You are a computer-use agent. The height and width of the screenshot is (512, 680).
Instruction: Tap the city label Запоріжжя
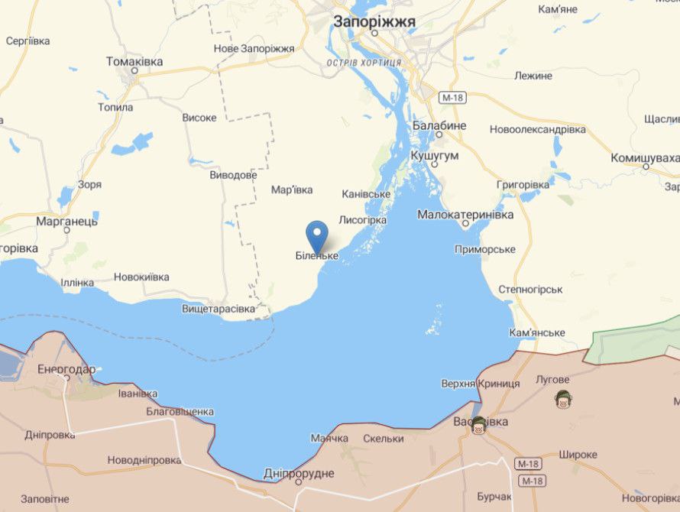tap(374, 22)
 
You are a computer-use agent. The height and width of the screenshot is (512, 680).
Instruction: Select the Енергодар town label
tap(66, 370)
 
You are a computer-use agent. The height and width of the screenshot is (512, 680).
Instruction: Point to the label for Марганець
tap(66, 221)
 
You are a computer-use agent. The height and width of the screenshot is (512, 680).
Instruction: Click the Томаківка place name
tap(134, 61)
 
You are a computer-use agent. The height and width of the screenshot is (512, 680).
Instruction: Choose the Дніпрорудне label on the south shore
tap(299, 474)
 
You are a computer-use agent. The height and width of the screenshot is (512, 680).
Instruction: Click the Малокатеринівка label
tap(465, 215)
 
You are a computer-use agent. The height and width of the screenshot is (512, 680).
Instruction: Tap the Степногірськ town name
tap(530, 290)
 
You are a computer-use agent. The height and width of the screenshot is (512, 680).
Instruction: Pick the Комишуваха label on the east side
tap(644, 158)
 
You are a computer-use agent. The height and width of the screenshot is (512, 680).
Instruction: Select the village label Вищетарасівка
tap(219, 309)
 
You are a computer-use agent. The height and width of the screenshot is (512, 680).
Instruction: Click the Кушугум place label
tap(434, 155)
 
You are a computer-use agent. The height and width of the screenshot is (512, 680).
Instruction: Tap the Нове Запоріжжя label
tap(254, 49)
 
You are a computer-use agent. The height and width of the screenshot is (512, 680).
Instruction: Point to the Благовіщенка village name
tap(180, 411)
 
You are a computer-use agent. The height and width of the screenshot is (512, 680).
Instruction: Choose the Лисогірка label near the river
tap(362, 220)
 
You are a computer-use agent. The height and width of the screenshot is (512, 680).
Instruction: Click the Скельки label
tap(384, 439)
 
